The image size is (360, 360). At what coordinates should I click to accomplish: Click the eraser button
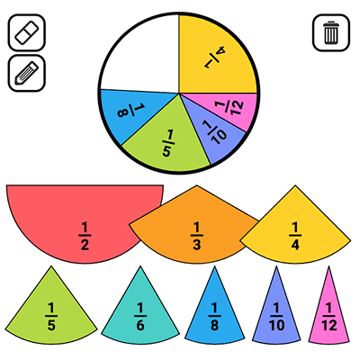click(x=27, y=32)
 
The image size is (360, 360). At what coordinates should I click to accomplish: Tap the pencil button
click(x=27, y=73)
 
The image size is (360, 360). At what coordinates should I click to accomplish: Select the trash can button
click(x=331, y=32)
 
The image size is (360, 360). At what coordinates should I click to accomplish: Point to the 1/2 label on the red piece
click(x=85, y=236)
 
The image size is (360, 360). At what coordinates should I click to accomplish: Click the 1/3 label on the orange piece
click(x=196, y=236)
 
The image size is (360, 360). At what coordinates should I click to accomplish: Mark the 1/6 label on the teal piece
click(x=140, y=317)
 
